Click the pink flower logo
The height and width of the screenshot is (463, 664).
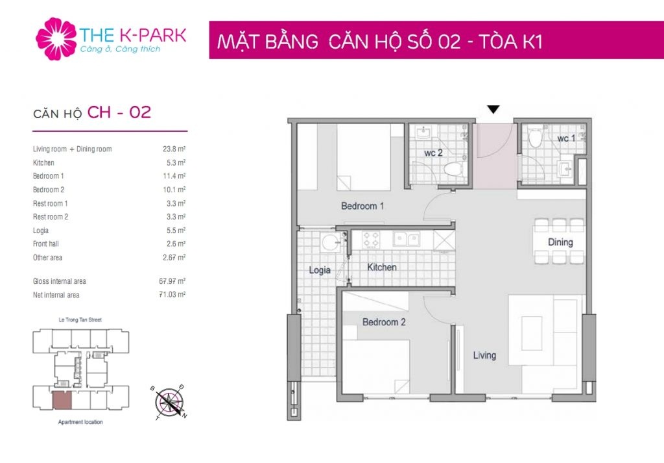56,38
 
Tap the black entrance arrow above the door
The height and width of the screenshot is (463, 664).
493,109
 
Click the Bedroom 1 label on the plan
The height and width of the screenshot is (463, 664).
362,206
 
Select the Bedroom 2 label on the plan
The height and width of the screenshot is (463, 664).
384,322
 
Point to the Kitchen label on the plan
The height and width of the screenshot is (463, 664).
382,267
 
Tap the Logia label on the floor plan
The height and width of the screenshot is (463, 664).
320,270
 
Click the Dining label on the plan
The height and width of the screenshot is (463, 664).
560,242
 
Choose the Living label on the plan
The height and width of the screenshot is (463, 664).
484,355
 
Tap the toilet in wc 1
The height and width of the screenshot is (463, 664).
535,136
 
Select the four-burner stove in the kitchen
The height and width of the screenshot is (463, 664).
372,240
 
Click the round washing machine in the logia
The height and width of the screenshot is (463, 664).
330,243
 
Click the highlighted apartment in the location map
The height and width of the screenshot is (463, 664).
62,401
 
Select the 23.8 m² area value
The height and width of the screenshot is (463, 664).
174,149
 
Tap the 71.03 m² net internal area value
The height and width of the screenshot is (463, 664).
172,294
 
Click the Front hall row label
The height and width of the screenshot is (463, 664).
46,244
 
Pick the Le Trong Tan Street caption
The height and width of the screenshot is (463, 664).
80,320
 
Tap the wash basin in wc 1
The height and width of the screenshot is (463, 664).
565,169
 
